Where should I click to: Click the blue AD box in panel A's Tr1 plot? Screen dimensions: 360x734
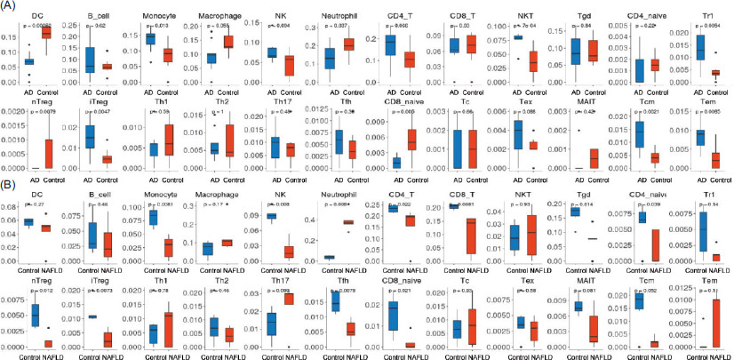point(686,47)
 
